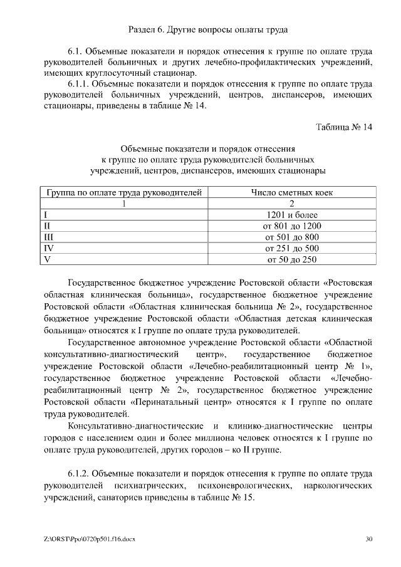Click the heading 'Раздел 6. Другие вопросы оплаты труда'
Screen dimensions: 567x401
(208, 29)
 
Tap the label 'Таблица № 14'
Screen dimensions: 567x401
(344, 128)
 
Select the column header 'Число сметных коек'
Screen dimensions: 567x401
(292, 192)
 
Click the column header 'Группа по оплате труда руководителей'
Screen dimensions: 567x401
(124, 192)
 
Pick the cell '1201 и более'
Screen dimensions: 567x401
(292, 214)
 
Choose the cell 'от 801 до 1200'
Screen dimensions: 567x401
(292, 226)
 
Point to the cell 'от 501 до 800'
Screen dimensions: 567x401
(292, 237)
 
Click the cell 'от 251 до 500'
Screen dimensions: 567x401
(292, 248)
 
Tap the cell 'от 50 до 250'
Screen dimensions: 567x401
(292, 259)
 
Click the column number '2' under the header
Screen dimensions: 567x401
(292, 204)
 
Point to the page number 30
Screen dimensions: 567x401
(368, 538)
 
